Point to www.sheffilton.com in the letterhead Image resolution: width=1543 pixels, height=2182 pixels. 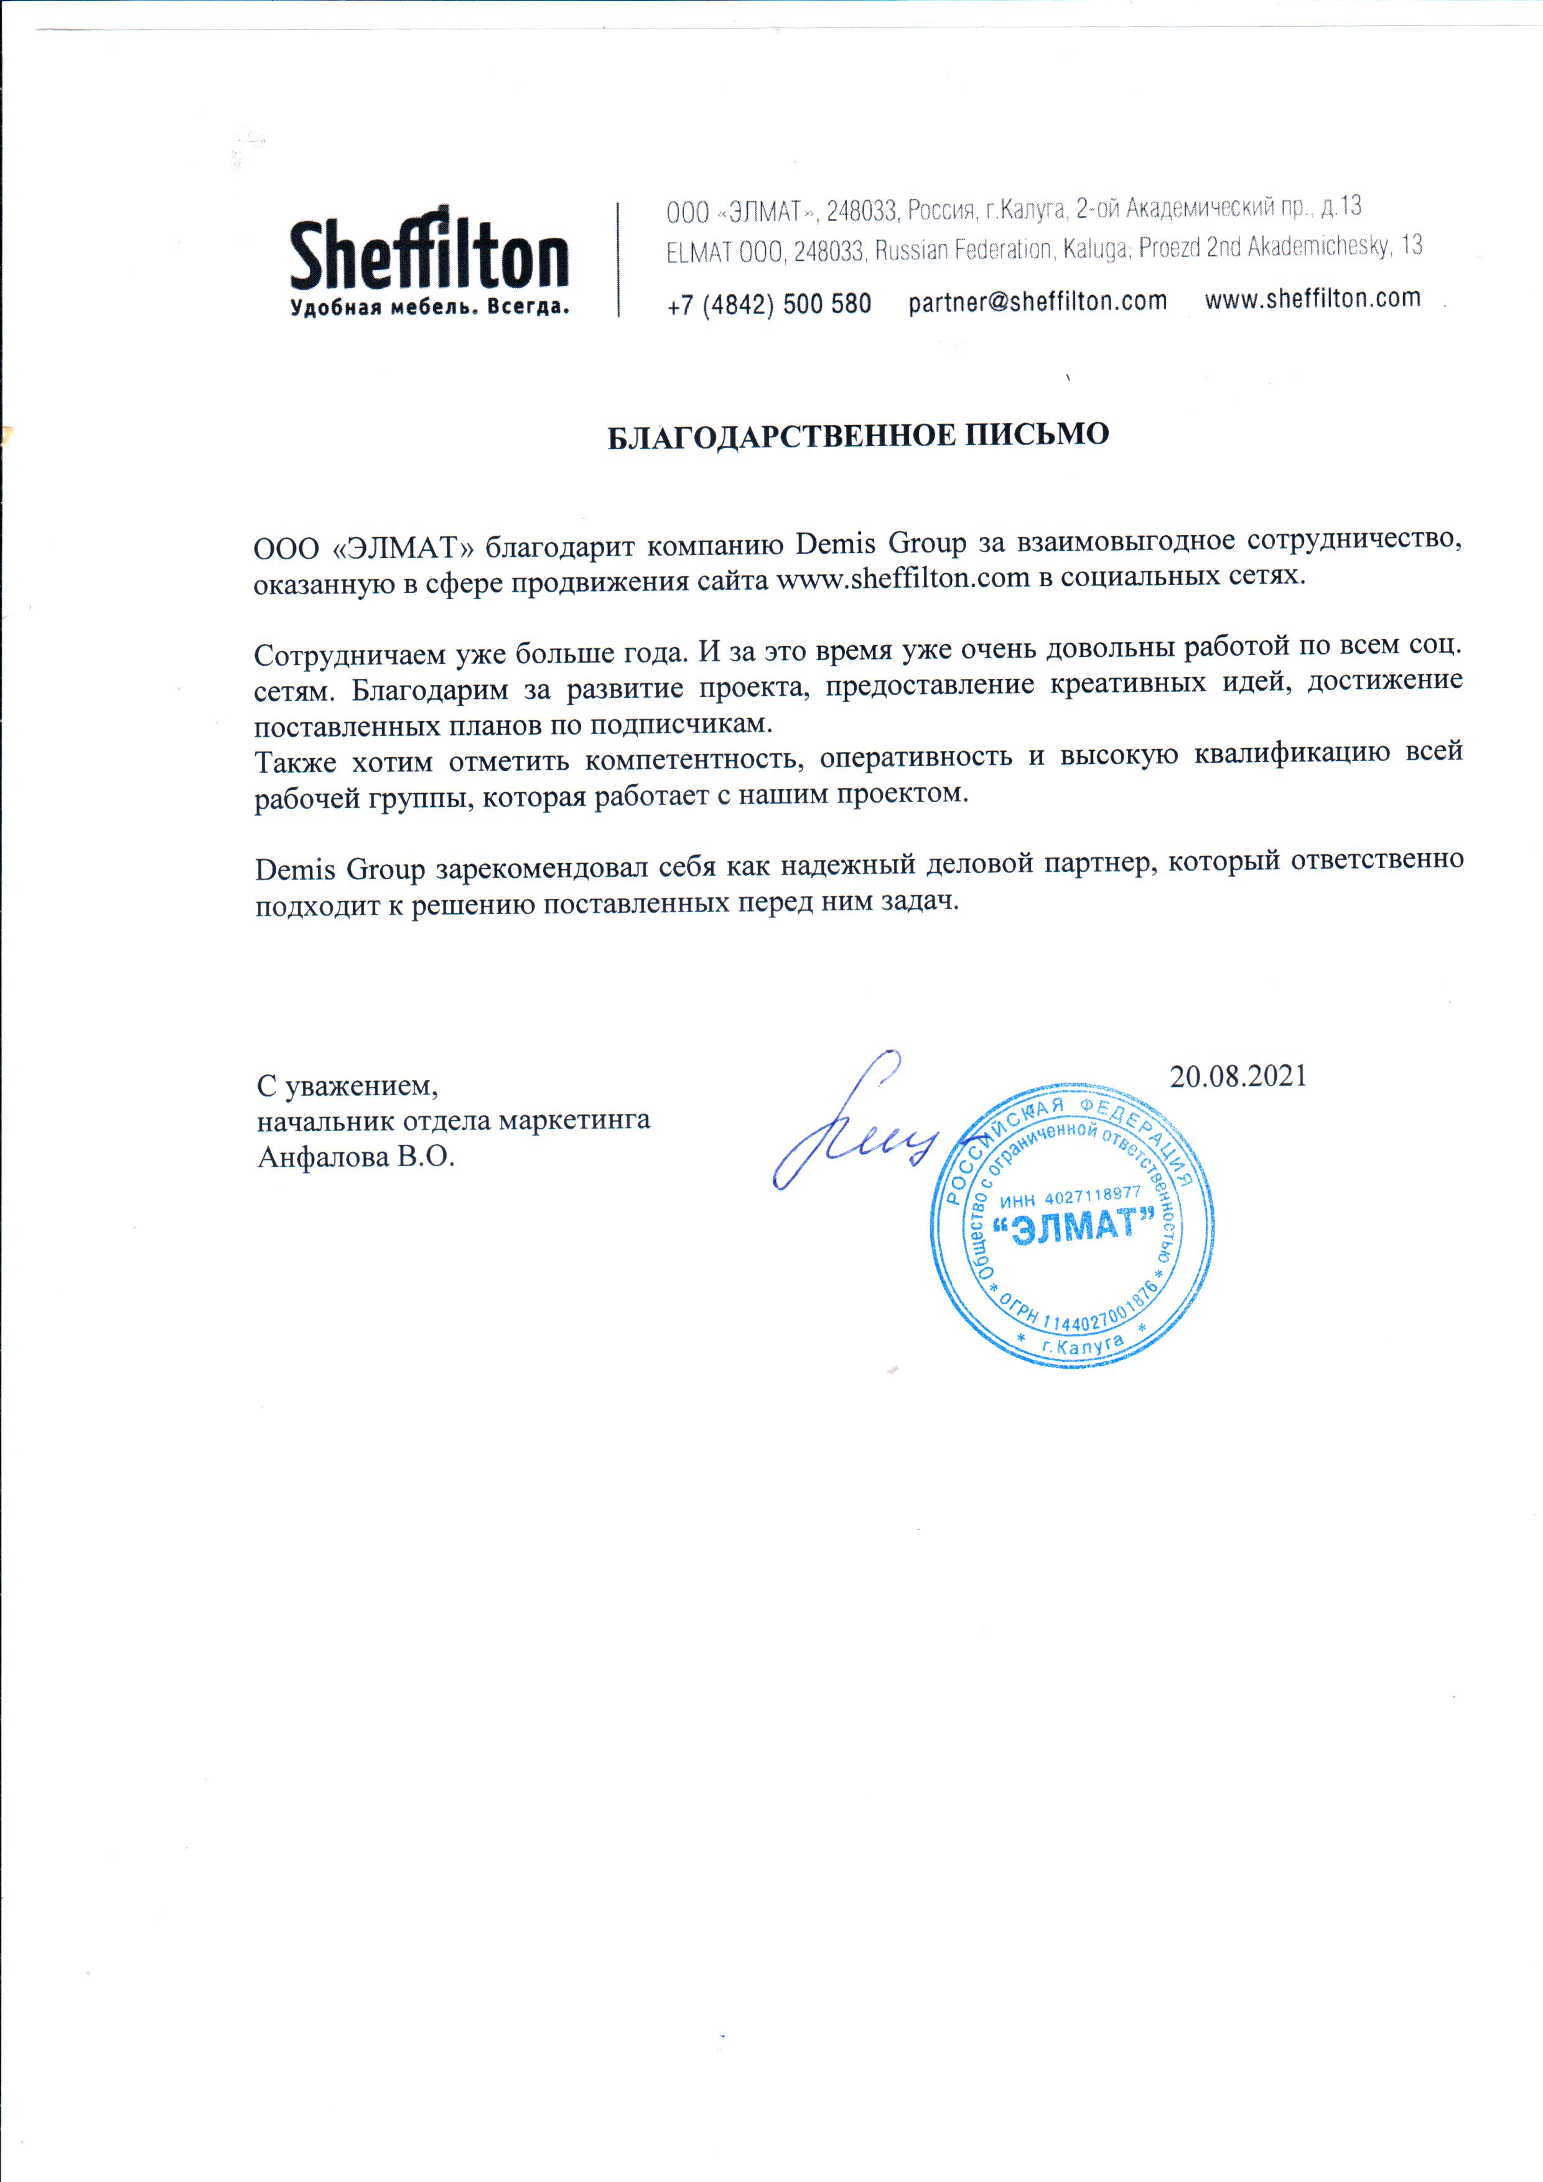click(x=1312, y=299)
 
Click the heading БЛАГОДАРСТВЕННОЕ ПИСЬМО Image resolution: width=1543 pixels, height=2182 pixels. click(x=858, y=436)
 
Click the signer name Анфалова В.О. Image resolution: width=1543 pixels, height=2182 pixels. click(x=357, y=1159)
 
